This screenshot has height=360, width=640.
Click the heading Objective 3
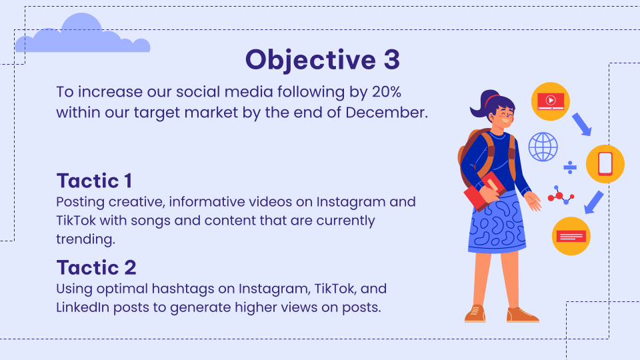coord(323,60)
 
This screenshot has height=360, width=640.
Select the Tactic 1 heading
coord(94,181)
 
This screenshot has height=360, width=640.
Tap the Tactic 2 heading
coord(96,268)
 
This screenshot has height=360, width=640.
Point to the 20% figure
coord(387,92)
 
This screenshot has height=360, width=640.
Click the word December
coord(387,112)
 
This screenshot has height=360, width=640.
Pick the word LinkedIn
coord(83,307)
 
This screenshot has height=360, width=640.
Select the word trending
coord(86,239)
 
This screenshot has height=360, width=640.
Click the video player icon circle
coord(551,101)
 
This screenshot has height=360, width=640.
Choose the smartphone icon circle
coord(605,164)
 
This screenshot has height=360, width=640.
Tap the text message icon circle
coord(571,236)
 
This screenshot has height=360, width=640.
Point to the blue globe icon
coord(543,147)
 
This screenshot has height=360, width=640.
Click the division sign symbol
coord(570,167)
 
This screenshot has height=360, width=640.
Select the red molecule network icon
coord(561,195)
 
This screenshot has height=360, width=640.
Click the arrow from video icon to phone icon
coord(581,124)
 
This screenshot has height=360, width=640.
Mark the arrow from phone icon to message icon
coord(594,202)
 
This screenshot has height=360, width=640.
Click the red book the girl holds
coord(485,191)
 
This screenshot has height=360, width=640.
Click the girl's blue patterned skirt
coord(497,224)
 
